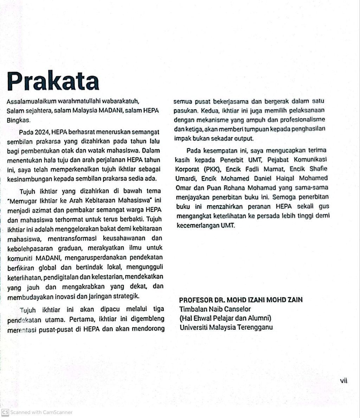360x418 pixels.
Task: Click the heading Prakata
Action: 53,80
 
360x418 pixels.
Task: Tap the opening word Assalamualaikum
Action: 29,102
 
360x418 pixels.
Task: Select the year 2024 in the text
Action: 42,132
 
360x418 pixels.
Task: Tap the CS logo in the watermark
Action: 5,412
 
